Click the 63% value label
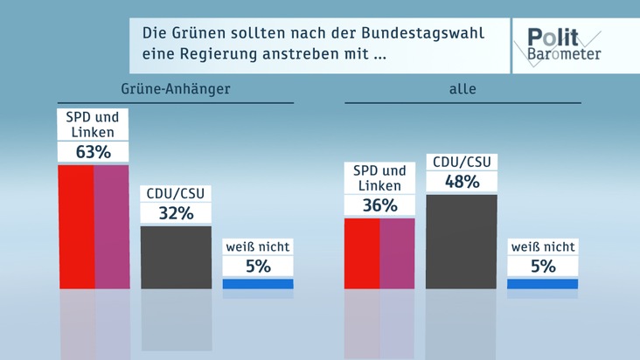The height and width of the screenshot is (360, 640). pos(93,152)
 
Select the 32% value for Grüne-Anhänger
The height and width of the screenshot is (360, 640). pos(176,212)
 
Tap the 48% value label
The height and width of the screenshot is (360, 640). pos(462,182)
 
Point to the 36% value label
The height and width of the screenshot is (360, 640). pos(379,205)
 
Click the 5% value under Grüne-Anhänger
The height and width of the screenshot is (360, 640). pos(258,267)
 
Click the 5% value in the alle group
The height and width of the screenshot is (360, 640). pos(543,267)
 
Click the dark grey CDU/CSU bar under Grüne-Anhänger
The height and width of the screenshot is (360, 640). pos(176,257)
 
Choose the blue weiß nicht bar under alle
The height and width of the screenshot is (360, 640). pos(543,283)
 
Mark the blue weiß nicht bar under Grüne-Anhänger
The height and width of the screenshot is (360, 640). pos(258,283)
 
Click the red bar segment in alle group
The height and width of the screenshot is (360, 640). pos(362,253)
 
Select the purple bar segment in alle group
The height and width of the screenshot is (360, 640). pos(397,253)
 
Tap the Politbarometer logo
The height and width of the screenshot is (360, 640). pos(563,44)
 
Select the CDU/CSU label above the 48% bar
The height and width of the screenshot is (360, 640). pos(462,162)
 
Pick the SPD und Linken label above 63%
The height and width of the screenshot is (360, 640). pos(93,125)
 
